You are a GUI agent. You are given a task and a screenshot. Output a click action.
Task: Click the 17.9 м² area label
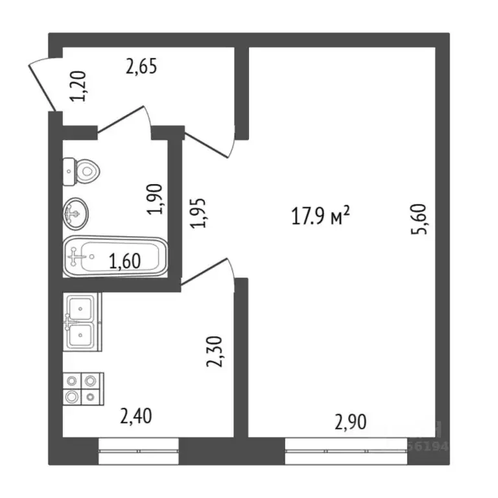coord(322,216)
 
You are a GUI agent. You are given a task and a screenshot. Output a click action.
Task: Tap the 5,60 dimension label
coord(422,220)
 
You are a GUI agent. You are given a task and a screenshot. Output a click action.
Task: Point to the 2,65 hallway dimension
coord(141,67)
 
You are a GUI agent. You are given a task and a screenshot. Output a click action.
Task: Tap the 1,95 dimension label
coord(200,212)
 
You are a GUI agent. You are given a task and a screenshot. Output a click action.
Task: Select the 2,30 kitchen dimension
coord(215,351)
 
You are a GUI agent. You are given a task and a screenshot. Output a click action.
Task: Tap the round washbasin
coord(76,213)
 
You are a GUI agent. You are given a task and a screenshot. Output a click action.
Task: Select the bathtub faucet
coord(78,257)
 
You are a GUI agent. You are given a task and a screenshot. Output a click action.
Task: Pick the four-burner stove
coord(81,388)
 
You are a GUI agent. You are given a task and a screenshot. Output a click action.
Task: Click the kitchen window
coord(138,450)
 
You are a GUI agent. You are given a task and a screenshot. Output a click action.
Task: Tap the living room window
coord(346,450)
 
